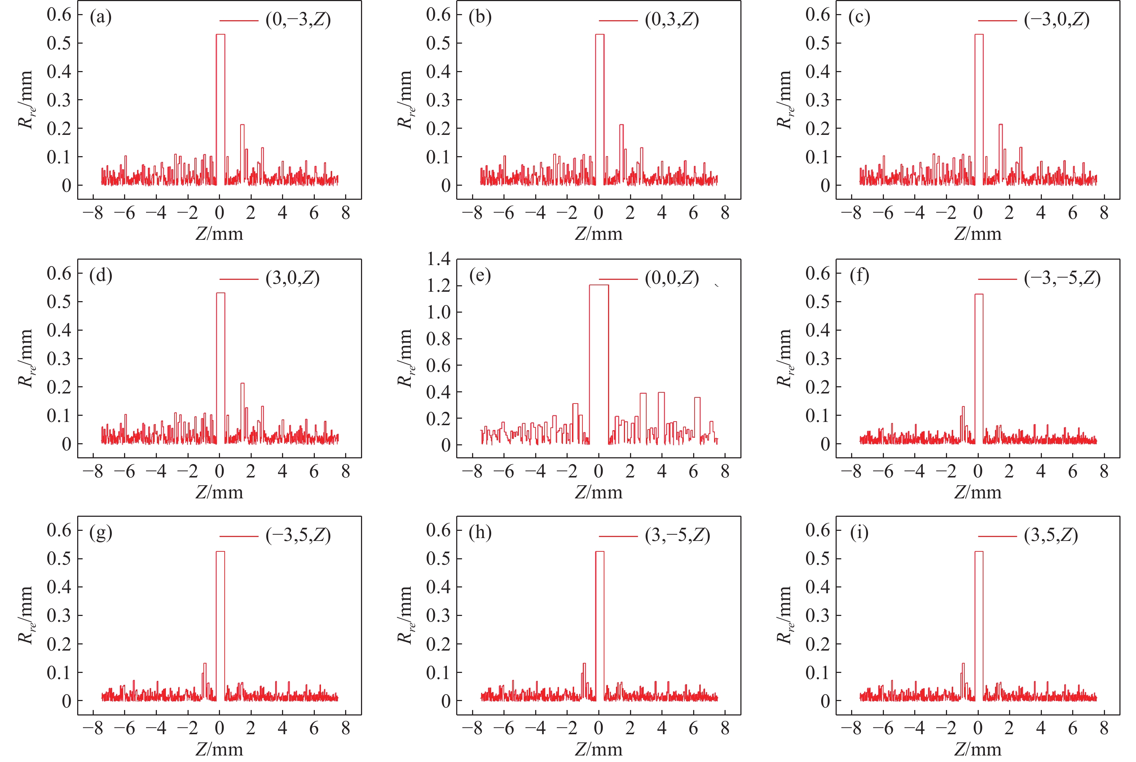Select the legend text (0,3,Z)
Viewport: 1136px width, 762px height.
point(672,20)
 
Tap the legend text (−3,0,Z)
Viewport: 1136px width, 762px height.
point(1056,20)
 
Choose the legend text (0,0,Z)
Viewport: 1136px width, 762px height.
point(672,278)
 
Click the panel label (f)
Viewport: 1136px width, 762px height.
point(859,276)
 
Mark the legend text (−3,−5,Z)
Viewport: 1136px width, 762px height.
point(1062,278)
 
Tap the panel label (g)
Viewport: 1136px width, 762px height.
point(101,533)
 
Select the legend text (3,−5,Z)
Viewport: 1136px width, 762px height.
point(677,536)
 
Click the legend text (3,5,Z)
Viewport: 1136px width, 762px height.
point(1051,536)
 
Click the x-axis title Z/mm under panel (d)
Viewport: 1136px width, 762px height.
point(219,493)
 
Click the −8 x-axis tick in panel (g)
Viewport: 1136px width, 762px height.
point(92,728)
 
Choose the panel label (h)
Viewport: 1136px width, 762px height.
point(480,533)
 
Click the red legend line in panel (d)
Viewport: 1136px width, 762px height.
point(239,279)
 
